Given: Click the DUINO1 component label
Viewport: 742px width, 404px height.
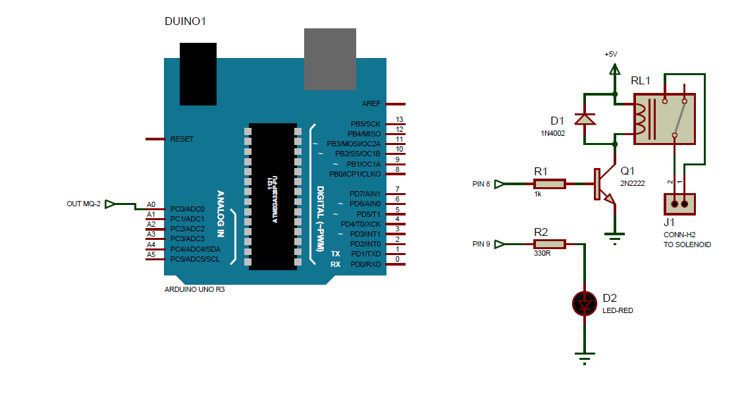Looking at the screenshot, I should [x=185, y=21].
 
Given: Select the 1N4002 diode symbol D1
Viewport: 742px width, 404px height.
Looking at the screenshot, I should [x=584, y=119].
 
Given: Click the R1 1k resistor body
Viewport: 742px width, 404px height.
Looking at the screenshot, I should [x=549, y=184].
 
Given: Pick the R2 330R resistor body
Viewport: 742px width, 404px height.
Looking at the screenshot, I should [x=549, y=245].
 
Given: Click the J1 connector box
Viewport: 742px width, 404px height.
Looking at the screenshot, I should [x=679, y=204].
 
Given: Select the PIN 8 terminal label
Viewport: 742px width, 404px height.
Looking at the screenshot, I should [x=481, y=184].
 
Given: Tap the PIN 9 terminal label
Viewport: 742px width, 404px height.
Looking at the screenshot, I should [x=481, y=245].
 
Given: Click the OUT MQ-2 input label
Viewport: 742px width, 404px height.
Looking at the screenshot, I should [x=84, y=204].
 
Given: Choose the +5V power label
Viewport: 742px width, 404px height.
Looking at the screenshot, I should [x=611, y=54].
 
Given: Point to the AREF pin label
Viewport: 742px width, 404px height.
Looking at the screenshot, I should [x=371, y=104].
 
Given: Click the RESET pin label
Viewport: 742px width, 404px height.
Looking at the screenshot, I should [x=182, y=139].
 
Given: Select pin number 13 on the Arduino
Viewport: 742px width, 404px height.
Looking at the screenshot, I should [x=399, y=120].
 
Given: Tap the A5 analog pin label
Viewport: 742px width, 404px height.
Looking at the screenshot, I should [x=151, y=254].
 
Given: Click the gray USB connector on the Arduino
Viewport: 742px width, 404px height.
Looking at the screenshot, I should [x=330, y=59].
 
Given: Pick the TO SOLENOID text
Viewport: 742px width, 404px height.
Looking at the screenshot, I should [x=687, y=245].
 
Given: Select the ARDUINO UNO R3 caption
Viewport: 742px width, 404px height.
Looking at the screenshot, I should [x=194, y=289].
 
